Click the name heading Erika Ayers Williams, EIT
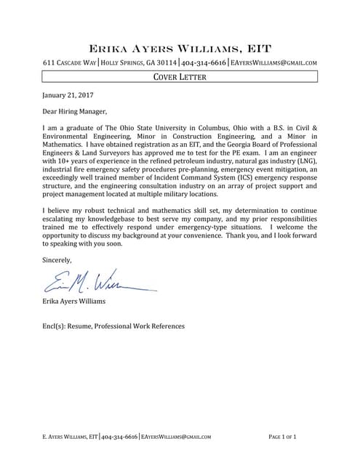[180, 49]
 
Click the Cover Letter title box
[180, 76]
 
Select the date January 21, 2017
[68, 95]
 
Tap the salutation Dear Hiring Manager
[75, 112]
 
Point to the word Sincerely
[57, 259]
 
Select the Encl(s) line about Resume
[113, 326]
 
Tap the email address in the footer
[176, 437]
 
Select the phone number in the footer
[120, 437]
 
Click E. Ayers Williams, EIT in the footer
[70, 437]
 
